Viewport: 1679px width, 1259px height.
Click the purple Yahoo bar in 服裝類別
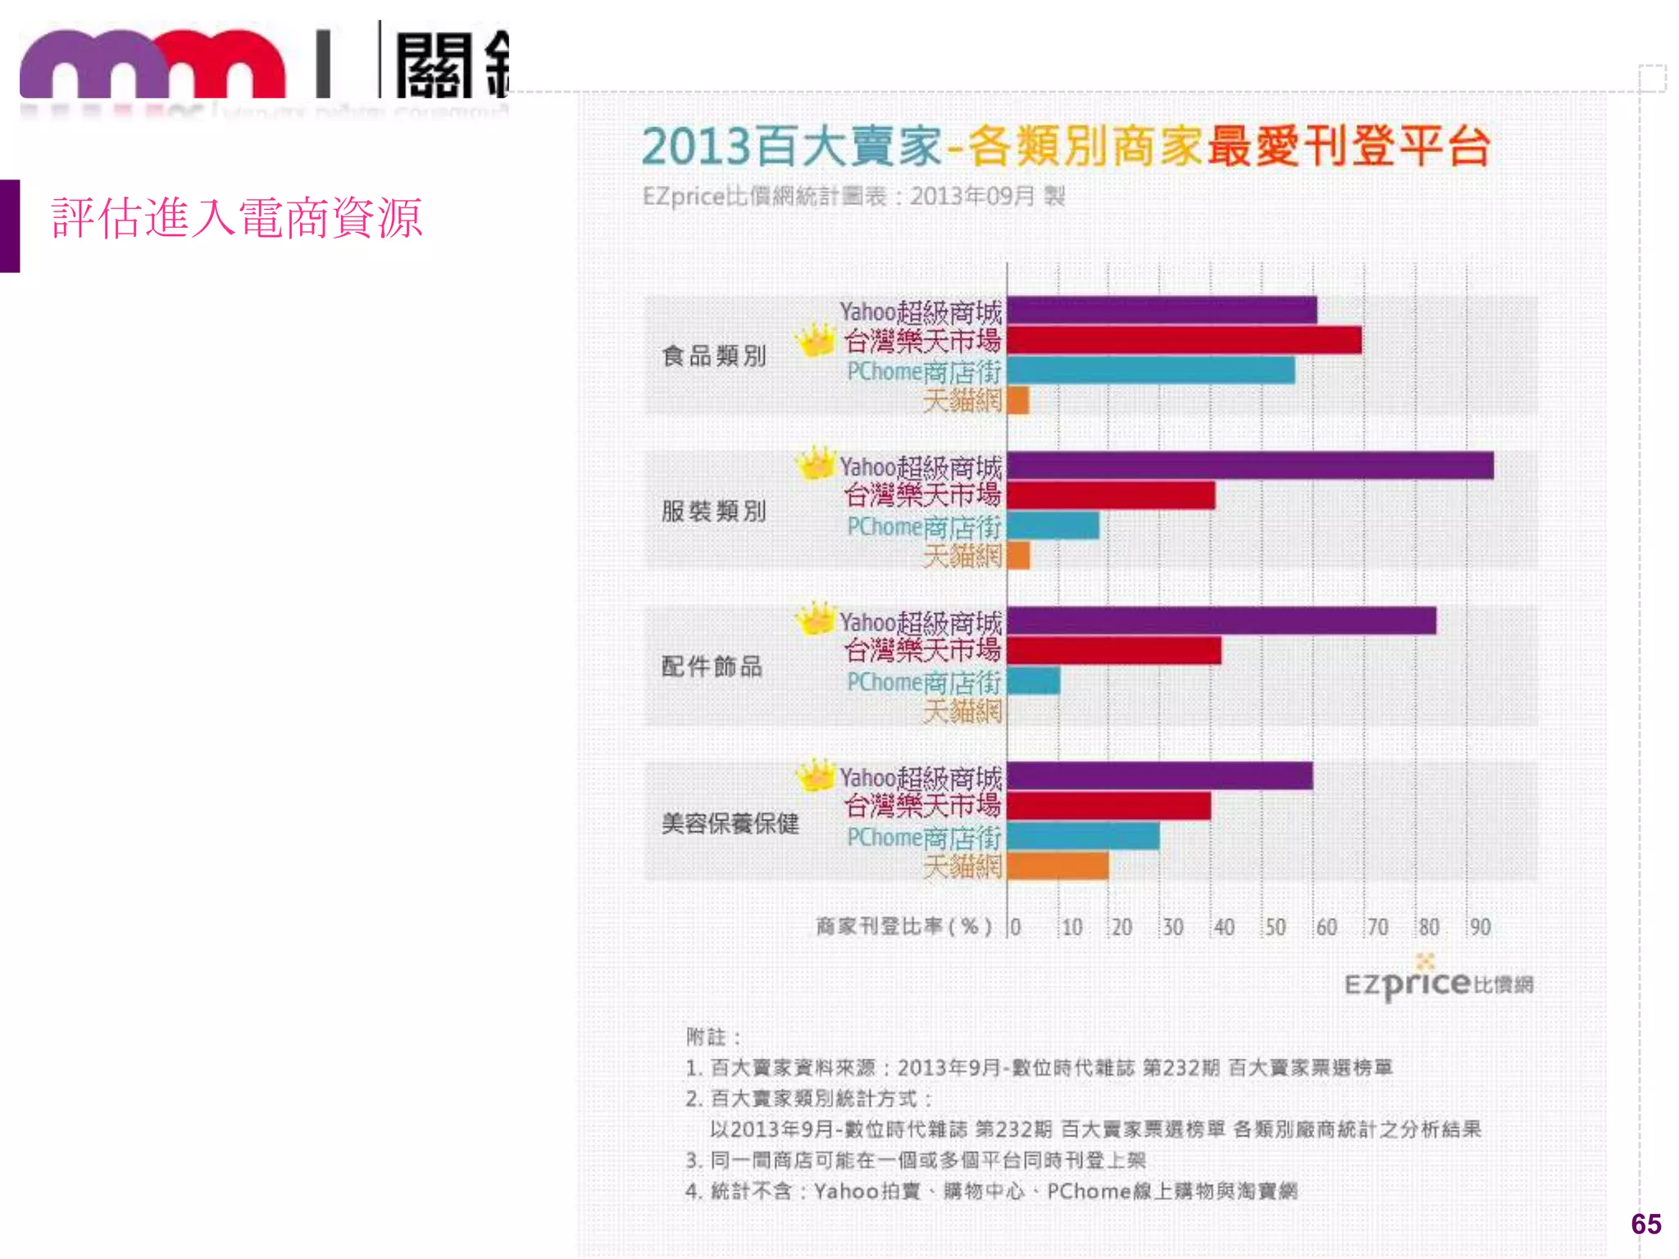(x=1249, y=466)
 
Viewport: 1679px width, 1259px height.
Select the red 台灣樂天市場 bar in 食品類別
(x=1184, y=340)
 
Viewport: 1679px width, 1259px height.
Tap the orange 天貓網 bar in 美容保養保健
(x=1058, y=866)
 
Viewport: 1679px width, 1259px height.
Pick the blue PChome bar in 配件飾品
(x=1033, y=681)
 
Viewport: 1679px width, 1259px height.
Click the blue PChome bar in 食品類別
(x=1150, y=370)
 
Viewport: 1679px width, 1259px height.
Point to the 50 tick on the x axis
(x=1275, y=927)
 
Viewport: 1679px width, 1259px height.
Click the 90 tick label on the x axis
(x=1480, y=927)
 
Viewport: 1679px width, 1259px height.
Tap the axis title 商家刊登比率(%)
(x=903, y=927)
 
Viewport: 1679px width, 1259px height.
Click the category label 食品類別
(x=714, y=356)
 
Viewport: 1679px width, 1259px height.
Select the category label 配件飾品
(x=712, y=666)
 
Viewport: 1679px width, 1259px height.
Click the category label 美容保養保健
(x=730, y=823)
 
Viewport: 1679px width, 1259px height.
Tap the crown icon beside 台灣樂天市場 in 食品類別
(x=815, y=340)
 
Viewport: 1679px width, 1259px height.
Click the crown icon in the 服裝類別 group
(x=815, y=464)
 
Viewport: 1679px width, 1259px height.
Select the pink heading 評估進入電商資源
(x=236, y=218)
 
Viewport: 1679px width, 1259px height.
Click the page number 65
(x=1645, y=1224)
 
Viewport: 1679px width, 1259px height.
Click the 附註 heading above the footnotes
(x=712, y=1037)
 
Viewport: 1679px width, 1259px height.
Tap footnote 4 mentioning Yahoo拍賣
(x=990, y=1191)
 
